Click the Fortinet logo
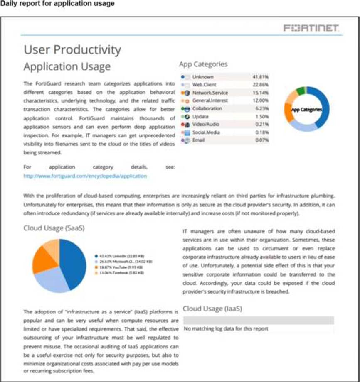click(x=311, y=28)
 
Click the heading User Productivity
click(x=72, y=50)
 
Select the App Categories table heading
click(x=203, y=64)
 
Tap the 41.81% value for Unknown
click(x=261, y=77)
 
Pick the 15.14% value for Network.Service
click(x=261, y=93)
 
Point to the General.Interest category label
click(x=207, y=100)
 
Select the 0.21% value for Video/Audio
click(x=262, y=124)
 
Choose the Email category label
click(x=198, y=140)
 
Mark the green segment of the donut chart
click(x=300, y=90)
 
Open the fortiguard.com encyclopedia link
click(x=85, y=176)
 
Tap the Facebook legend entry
click(x=120, y=273)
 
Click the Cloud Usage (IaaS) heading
click(x=212, y=309)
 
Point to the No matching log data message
click(x=226, y=328)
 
